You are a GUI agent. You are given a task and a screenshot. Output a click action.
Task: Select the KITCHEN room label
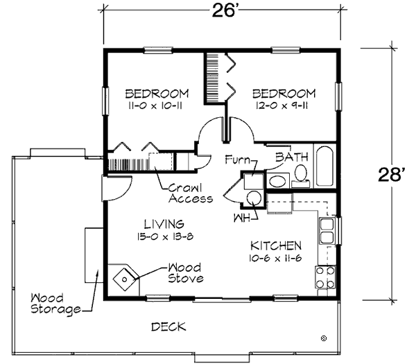coord(276,246)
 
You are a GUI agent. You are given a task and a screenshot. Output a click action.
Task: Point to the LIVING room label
coord(164,224)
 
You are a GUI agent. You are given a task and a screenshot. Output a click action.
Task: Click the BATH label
coord(292,157)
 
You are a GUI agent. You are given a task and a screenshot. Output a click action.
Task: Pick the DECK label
coord(168,327)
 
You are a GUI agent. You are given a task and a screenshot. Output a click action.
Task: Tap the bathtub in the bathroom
coord(324,166)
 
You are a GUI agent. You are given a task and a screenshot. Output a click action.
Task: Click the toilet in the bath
coord(301,175)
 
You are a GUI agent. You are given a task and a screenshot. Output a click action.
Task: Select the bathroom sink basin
coord(277,182)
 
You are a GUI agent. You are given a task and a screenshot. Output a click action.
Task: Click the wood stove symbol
coord(124,279)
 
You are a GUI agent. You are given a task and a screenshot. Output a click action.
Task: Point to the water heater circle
coord(254,198)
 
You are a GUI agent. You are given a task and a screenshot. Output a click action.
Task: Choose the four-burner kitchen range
coord(325,277)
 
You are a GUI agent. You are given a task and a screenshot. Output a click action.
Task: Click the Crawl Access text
coord(191,193)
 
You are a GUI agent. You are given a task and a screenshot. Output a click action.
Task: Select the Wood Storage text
coord(55,304)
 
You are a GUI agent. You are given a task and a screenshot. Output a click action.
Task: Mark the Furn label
coord(237,159)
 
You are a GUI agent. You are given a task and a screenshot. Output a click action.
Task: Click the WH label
coord(241,218)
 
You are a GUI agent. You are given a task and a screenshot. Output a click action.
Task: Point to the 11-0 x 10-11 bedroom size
coord(155,106)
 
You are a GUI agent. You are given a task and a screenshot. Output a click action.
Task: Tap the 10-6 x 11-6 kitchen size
coord(275,258)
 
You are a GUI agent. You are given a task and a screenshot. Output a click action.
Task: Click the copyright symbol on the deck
coord(324,338)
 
